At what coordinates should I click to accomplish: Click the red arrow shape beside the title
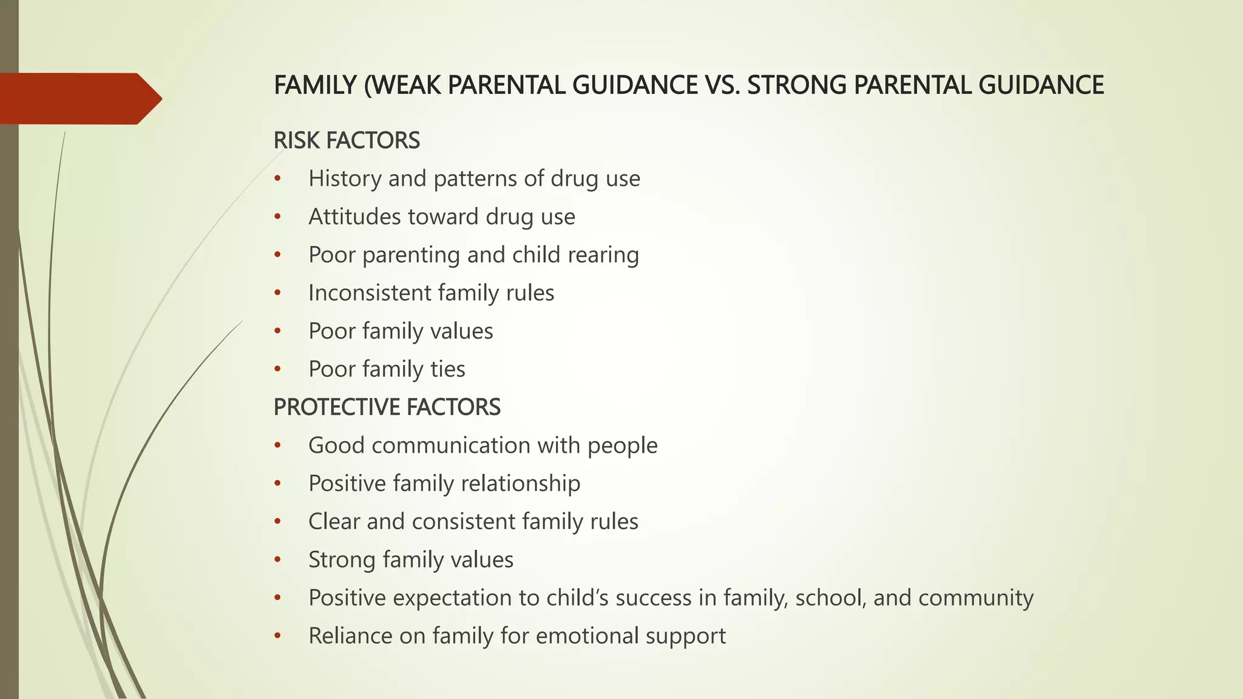[x=79, y=99]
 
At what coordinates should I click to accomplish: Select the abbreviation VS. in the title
[x=723, y=85]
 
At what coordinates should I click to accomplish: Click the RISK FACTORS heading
[x=347, y=140]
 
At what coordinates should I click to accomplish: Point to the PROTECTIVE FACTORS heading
[x=387, y=407]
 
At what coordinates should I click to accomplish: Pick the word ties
[x=448, y=369]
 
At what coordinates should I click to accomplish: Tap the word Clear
[x=334, y=522]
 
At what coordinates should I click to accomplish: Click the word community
[x=975, y=598]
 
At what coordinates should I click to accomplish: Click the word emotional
[x=588, y=636]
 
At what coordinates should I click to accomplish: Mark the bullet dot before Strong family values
[x=277, y=559]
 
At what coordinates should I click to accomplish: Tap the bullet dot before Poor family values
[x=277, y=331]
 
